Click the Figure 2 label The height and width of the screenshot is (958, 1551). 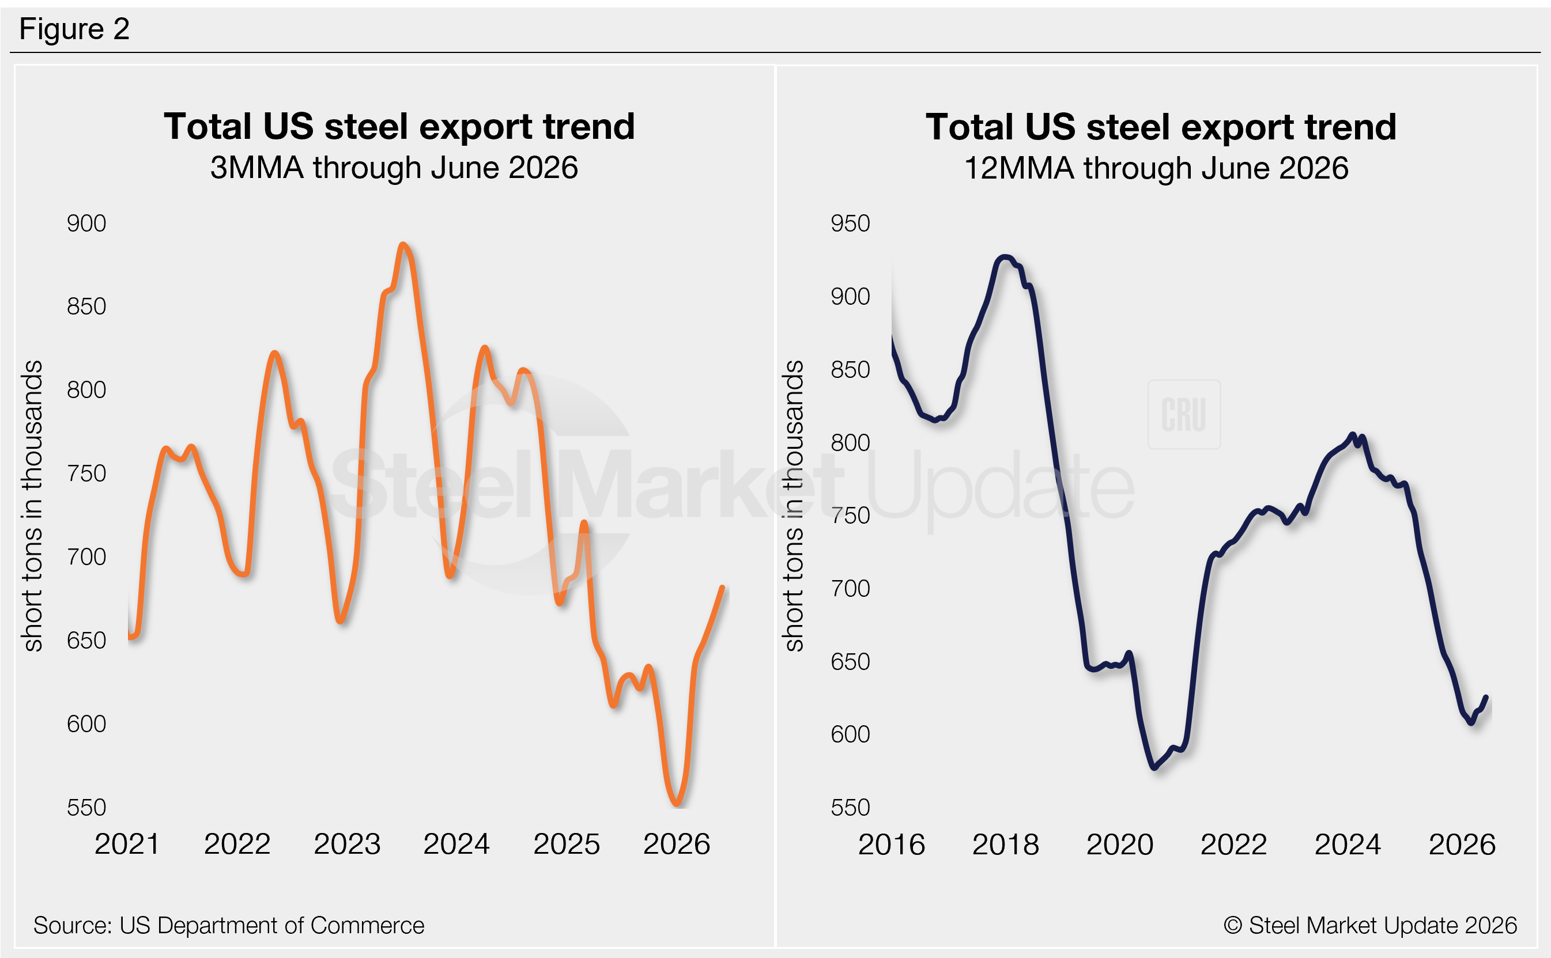[x=74, y=29]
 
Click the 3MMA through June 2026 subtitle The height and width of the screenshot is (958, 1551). [x=394, y=168]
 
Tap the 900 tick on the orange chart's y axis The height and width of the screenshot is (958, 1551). [x=86, y=223]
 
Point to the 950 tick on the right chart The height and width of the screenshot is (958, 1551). [x=850, y=223]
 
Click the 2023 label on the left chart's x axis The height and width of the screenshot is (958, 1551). [x=347, y=844]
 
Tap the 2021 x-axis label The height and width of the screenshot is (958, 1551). [x=127, y=844]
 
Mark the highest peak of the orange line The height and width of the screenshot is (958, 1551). [x=402, y=245]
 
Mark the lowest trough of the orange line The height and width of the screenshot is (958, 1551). [x=676, y=804]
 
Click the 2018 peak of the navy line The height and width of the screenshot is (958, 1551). [x=1004, y=258]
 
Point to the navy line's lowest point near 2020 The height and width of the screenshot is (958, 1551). [x=1154, y=767]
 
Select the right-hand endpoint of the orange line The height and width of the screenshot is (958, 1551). [x=722, y=588]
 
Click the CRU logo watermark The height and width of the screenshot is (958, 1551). [x=1183, y=414]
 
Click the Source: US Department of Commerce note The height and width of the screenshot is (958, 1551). [x=229, y=926]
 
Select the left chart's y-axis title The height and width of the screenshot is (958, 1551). [x=32, y=506]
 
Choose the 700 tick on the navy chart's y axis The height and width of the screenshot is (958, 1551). [x=850, y=589]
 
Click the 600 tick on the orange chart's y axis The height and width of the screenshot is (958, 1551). [x=86, y=724]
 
